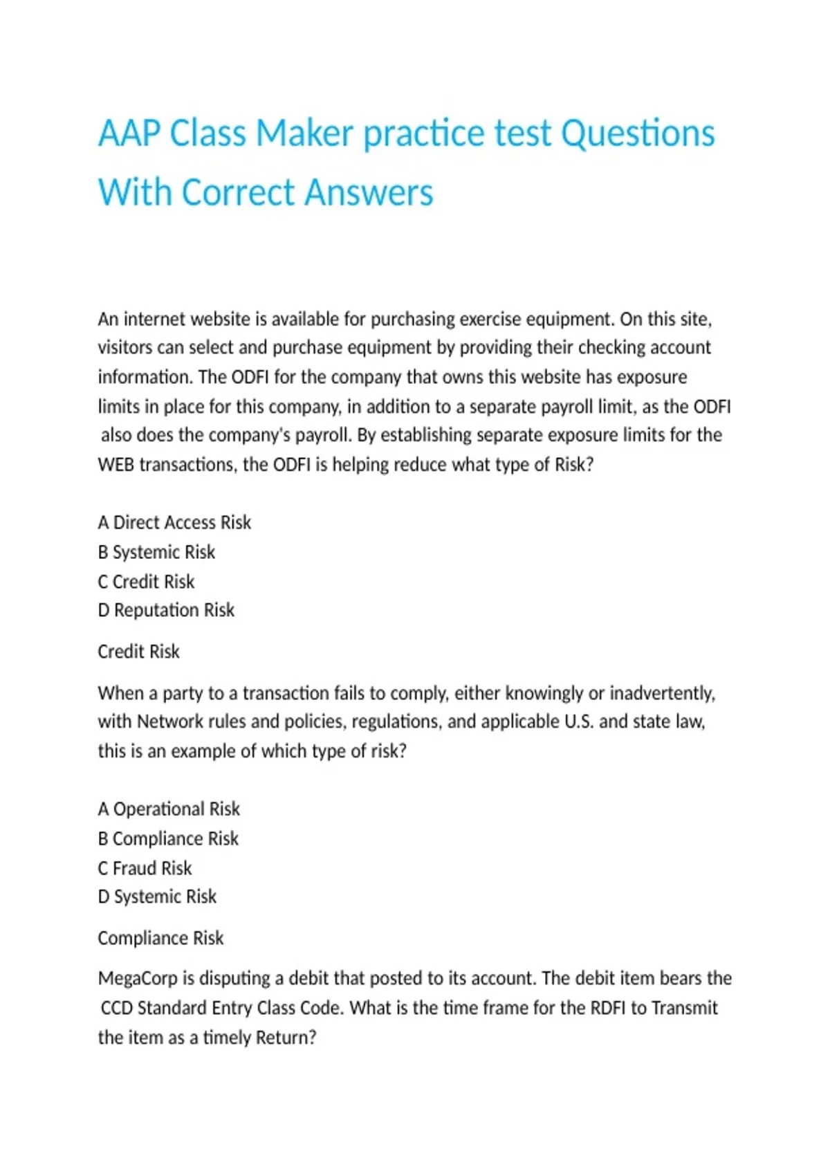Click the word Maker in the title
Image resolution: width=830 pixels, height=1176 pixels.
(304, 133)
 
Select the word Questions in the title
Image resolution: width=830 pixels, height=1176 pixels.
(637, 133)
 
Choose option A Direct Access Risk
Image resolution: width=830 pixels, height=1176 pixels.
(174, 522)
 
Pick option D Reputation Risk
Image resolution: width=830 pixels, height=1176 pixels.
(166, 610)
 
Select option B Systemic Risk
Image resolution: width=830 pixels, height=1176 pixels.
(156, 552)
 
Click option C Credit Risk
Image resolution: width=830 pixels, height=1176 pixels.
(146, 582)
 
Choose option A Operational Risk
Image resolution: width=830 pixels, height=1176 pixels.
(169, 809)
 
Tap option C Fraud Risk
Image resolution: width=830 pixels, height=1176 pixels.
(145, 868)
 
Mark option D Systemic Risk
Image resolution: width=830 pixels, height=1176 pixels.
(157, 897)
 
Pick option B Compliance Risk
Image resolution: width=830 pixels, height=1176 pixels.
(168, 838)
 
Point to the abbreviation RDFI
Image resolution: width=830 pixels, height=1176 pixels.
(608, 1008)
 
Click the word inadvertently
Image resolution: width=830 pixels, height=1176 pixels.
(662, 693)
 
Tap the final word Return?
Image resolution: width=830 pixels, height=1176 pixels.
(286, 1038)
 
